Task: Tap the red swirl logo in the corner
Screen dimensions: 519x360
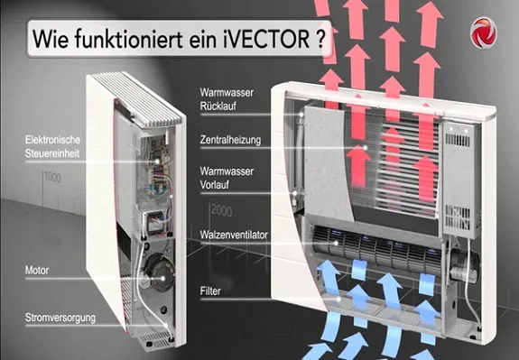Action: point(483,32)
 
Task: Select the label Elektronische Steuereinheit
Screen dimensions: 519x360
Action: point(52,146)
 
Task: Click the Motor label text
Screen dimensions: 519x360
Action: point(37,271)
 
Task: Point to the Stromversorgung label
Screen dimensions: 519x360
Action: point(60,318)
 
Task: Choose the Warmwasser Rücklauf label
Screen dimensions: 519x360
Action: point(227,99)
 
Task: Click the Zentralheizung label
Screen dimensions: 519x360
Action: point(230,140)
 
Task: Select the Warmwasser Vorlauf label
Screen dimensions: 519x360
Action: point(227,178)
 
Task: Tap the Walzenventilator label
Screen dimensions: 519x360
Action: point(234,235)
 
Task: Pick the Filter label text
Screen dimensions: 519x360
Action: point(210,291)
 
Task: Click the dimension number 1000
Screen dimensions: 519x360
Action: point(52,178)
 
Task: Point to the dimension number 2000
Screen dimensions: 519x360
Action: point(221,210)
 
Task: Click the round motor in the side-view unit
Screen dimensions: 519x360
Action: point(160,272)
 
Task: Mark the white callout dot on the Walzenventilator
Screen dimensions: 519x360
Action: point(336,244)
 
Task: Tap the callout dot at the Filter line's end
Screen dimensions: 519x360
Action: point(338,300)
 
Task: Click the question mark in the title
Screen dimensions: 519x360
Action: point(320,39)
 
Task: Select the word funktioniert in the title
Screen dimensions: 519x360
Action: point(129,39)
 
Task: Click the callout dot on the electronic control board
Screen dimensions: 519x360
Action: point(157,162)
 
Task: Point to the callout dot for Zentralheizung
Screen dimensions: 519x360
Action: point(366,148)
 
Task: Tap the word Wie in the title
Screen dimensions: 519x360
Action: point(51,39)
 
